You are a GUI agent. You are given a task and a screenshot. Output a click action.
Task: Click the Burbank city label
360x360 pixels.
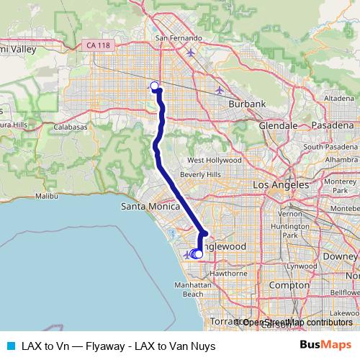coord(247,104)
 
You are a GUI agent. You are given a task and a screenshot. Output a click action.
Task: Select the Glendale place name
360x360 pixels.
coord(278,125)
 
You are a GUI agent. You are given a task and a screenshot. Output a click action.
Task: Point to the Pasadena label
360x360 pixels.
coord(333,125)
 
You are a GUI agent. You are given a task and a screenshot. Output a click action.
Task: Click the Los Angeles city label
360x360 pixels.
coord(281,185)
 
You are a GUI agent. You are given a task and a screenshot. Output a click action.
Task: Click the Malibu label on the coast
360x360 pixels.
coord(45,195)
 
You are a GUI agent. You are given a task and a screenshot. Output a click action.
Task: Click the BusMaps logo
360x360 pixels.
coord(326,345)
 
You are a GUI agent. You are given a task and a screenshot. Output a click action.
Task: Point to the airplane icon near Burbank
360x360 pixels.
coord(220,90)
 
